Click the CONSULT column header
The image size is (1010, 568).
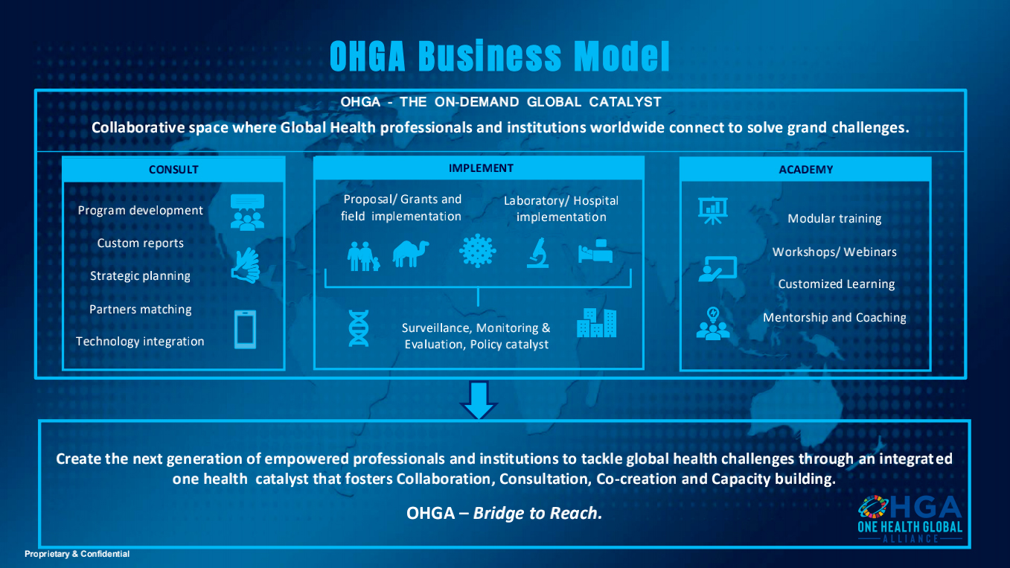click(173, 170)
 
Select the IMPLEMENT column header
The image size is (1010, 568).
click(481, 168)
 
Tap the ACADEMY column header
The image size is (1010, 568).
click(806, 170)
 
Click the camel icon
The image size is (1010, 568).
click(411, 254)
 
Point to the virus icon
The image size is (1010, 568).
click(478, 251)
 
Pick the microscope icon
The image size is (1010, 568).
click(538, 253)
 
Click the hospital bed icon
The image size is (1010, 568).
click(595, 251)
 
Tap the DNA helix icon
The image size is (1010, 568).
click(359, 328)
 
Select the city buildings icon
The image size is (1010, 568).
click(596, 323)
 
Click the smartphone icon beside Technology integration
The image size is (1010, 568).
click(246, 329)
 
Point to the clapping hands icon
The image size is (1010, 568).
click(246, 265)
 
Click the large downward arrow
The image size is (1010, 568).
click(479, 400)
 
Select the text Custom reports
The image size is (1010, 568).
click(140, 243)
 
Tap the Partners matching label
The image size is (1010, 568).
click(140, 310)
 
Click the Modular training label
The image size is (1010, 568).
click(834, 219)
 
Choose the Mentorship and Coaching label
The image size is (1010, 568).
click(834, 318)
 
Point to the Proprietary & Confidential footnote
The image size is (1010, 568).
click(77, 554)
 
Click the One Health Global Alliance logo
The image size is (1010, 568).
click(910, 519)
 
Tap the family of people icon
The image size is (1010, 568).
click(363, 256)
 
